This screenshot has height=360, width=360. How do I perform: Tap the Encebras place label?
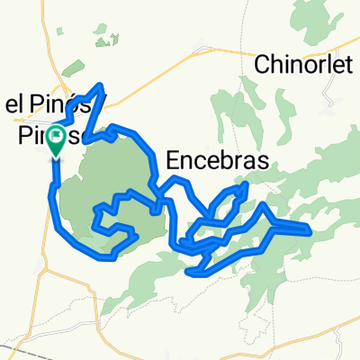(x=218, y=161)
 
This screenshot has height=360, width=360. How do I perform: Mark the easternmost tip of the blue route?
(x=310, y=232)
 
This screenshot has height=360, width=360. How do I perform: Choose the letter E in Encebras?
(x=174, y=161)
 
